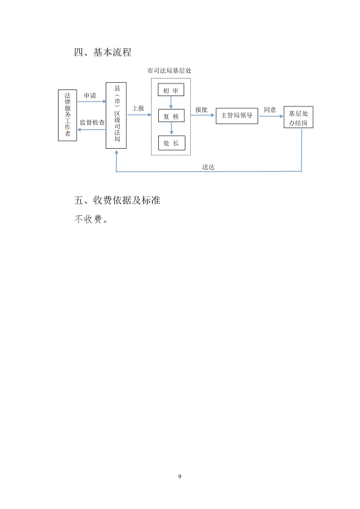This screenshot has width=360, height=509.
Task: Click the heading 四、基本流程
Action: (x=103, y=52)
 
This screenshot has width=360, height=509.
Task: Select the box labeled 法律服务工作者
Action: (x=68, y=115)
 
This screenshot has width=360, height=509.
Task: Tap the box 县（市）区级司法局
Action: (x=116, y=115)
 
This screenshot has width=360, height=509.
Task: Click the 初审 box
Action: (x=171, y=90)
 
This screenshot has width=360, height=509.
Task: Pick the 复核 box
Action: (x=172, y=116)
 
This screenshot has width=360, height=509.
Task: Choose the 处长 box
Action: (x=172, y=143)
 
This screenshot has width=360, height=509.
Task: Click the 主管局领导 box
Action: (x=237, y=115)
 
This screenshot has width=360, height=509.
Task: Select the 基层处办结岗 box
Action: (x=298, y=117)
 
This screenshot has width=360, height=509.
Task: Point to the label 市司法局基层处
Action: (x=169, y=71)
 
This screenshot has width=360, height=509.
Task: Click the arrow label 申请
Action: (x=90, y=96)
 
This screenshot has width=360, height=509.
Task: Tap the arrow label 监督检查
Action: (x=92, y=122)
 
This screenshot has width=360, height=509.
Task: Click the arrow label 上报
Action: (x=138, y=108)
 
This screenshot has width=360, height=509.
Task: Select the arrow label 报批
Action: (x=201, y=110)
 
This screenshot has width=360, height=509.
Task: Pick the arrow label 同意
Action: (x=270, y=110)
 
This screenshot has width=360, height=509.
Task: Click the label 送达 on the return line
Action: (x=208, y=167)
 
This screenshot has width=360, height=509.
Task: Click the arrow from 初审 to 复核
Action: (x=171, y=103)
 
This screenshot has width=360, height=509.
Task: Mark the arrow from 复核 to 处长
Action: (x=172, y=129)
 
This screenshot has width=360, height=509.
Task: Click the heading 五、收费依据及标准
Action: (x=117, y=200)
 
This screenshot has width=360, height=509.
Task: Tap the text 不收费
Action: (x=88, y=219)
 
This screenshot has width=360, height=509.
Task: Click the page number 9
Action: (x=179, y=476)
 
